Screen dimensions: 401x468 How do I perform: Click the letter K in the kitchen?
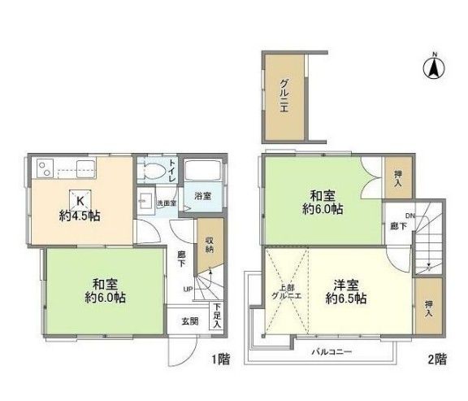pos(80,201)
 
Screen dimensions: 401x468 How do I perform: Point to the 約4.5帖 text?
pos(80,216)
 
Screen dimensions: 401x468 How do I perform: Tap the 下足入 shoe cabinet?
pos(217,314)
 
